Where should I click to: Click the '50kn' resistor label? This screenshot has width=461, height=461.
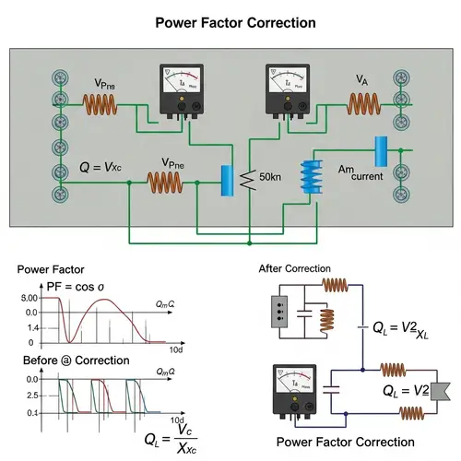tap(275, 175)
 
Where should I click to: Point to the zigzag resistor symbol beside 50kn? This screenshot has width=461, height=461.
tap(246, 179)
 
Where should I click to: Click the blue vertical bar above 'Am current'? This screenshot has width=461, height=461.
tap(379, 150)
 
